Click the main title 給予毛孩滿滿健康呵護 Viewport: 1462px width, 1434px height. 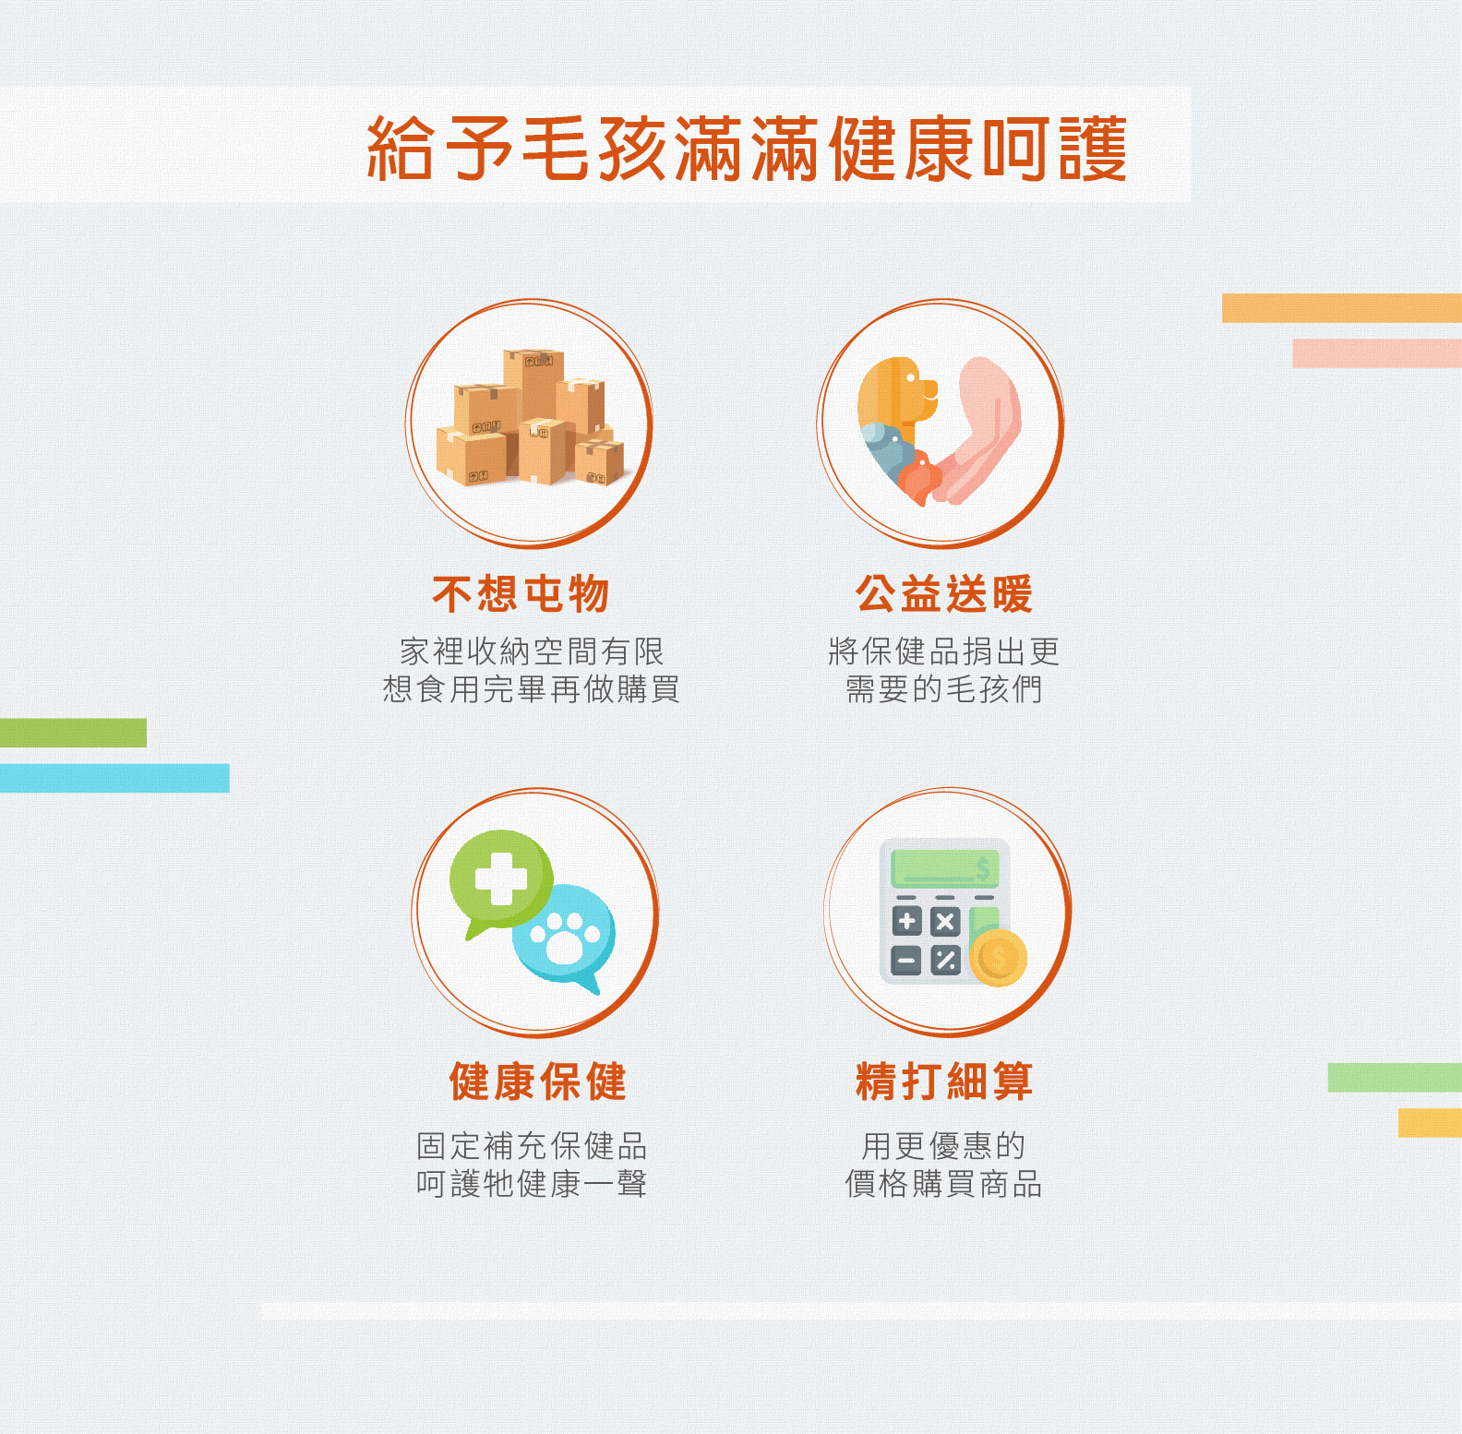point(748,148)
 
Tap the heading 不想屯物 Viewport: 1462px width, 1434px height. point(521,593)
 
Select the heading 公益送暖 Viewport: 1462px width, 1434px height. point(944,593)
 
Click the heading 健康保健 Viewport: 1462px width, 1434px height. point(537,1081)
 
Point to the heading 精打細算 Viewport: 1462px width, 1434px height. point(944,1081)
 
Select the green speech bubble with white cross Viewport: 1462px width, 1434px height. point(501,881)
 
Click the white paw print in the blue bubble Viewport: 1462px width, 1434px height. point(566,937)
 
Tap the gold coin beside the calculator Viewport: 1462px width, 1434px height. point(999,958)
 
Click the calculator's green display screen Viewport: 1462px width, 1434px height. point(945,868)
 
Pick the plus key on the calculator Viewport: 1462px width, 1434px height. point(907,921)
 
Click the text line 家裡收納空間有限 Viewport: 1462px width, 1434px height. point(532,651)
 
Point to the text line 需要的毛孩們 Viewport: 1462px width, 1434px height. point(944,689)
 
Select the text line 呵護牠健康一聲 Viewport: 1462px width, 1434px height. point(532,1184)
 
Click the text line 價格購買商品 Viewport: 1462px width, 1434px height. point(944,1184)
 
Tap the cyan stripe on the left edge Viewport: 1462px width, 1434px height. point(114,778)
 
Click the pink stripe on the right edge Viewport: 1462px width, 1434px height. point(1377,353)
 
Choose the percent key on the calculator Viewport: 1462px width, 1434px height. point(945,961)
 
